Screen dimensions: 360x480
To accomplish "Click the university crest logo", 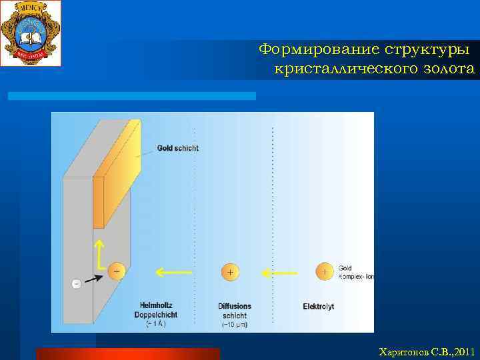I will [x=31, y=33].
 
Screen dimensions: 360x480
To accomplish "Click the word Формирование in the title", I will [x=318, y=50].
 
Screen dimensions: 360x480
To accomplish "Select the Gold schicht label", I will [x=177, y=148].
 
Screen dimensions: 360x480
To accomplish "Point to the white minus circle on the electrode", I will [x=76, y=283].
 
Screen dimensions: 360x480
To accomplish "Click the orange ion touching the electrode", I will [x=117, y=271].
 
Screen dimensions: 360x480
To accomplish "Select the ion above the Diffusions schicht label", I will [x=230, y=272].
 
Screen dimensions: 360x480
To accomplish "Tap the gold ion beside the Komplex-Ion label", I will [x=325, y=271].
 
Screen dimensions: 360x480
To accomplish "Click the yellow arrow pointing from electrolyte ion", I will [x=279, y=272].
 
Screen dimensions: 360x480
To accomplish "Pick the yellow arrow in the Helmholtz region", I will [x=173, y=272].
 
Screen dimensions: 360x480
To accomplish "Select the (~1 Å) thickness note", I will [x=155, y=324].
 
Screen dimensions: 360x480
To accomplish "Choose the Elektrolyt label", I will [x=318, y=307].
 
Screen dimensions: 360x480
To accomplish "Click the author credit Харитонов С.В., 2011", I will [x=426, y=351].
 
